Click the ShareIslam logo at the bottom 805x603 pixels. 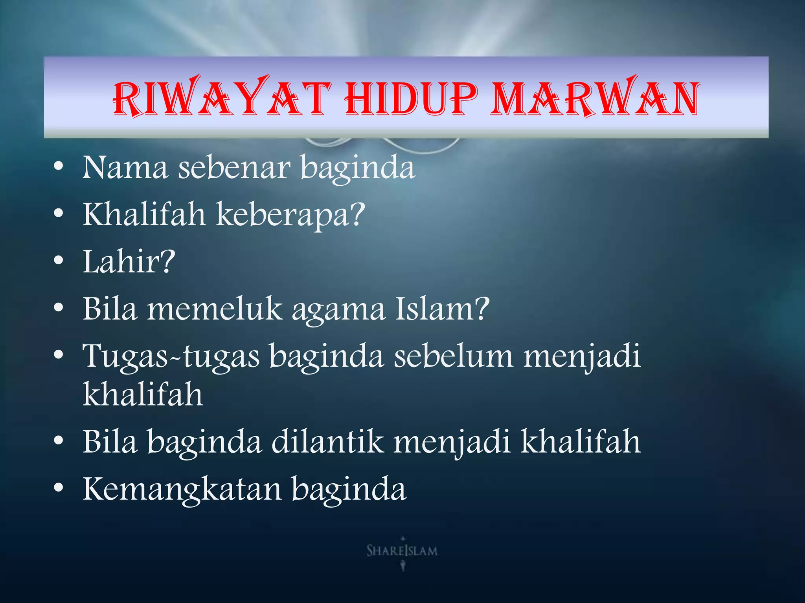(402, 551)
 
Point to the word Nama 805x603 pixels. (125, 168)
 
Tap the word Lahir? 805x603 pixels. (129, 262)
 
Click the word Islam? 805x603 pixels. (443, 309)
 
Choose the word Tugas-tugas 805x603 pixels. (171, 357)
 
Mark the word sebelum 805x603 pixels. (454, 356)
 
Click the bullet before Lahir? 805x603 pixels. (59, 261)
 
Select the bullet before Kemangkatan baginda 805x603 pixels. (59, 488)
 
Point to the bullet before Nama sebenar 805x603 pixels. (59, 167)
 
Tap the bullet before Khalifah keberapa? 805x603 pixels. (59, 214)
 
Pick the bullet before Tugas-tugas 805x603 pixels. (59, 355)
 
